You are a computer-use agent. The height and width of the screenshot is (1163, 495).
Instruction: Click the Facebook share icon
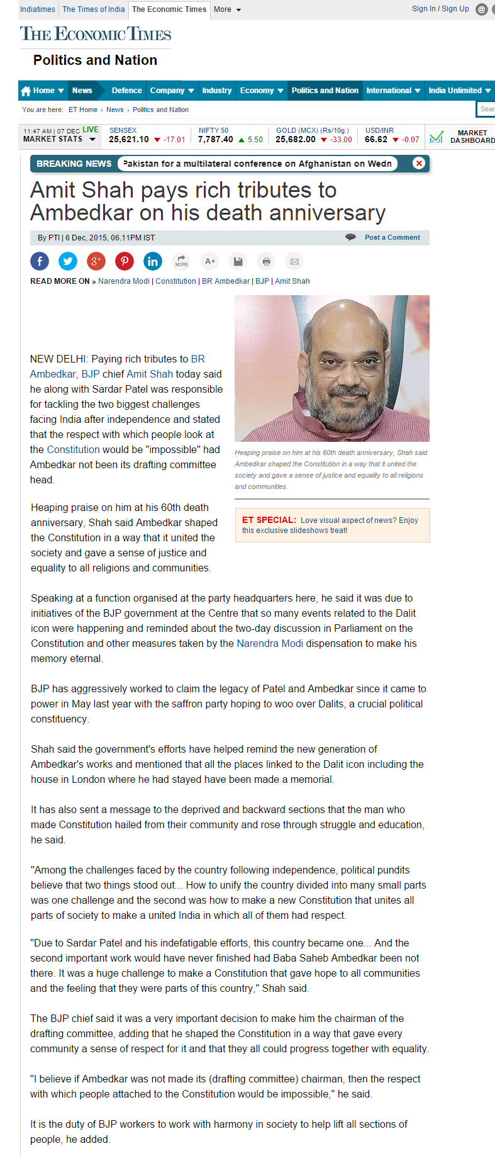click(x=40, y=261)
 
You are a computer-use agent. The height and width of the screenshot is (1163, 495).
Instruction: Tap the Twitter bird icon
click(x=68, y=261)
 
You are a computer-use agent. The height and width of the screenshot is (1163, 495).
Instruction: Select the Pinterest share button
click(x=124, y=261)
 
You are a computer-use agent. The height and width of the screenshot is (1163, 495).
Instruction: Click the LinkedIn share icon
click(x=152, y=261)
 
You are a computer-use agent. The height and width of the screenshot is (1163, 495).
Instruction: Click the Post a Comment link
click(x=392, y=237)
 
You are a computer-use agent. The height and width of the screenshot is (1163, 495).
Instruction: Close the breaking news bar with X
click(x=419, y=164)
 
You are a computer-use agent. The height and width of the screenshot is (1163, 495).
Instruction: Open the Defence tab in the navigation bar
click(x=126, y=91)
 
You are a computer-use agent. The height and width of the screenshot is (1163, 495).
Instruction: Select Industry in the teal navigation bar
click(x=216, y=91)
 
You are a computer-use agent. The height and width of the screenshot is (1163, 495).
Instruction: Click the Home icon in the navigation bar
click(x=26, y=91)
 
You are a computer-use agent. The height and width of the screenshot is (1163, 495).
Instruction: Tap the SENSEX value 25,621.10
click(x=129, y=140)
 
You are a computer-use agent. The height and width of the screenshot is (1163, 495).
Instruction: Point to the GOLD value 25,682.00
click(x=296, y=140)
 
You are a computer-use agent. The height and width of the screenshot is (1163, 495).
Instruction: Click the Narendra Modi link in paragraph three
click(x=270, y=643)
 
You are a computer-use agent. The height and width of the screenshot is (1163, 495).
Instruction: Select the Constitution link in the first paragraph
click(x=73, y=449)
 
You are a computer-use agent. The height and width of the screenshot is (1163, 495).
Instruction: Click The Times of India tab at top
click(x=93, y=9)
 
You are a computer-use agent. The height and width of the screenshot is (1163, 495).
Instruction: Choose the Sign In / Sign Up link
click(x=440, y=9)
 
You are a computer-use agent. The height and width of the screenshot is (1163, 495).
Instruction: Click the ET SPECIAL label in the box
click(x=269, y=520)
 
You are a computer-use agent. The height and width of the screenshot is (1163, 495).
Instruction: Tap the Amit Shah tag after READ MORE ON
click(x=292, y=281)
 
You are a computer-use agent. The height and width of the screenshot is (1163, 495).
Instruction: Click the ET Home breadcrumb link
click(x=83, y=110)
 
